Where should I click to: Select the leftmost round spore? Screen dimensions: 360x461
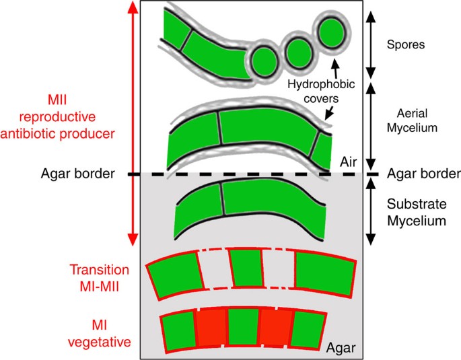(x=264, y=59)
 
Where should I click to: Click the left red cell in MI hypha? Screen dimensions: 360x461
(x=211, y=327)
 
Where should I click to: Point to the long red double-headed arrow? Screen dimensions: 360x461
(x=133, y=121)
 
